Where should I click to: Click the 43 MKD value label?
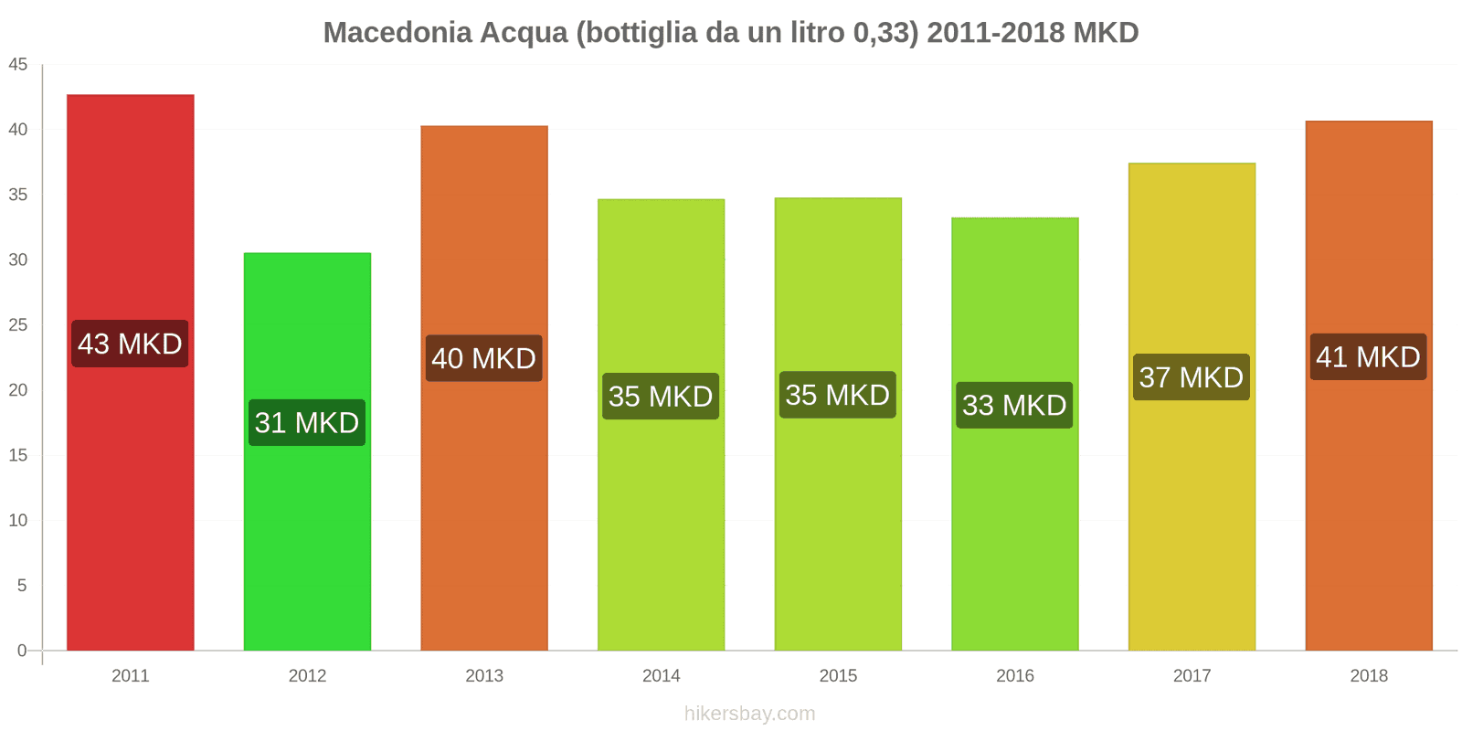pos(130,344)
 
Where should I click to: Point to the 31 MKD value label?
pos(307,422)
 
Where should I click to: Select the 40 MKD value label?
pos(483,358)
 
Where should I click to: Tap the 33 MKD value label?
pos(1014,405)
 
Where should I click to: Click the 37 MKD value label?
pos(1192,376)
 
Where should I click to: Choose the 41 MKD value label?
pos(1368,356)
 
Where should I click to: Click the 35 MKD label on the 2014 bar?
pos(661,397)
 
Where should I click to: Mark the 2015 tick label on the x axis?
pos(838,675)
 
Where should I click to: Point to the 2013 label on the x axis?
pos(484,675)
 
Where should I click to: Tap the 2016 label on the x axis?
pos(1014,675)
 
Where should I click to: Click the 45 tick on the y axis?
pos(18,65)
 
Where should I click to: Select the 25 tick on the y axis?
pos(18,325)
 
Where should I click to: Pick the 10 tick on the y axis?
pos(18,520)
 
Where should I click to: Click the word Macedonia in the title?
pos(397,33)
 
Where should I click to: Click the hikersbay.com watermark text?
pos(749,714)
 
